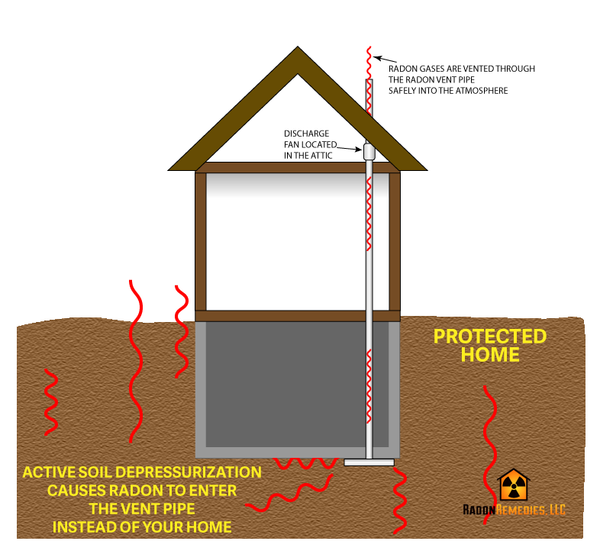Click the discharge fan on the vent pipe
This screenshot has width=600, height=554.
[x=369, y=151]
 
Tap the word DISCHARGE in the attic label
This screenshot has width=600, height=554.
[x=307, y=134]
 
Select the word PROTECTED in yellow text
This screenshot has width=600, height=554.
[x=490, y=337]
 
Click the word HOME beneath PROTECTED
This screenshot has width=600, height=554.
[x=490, y=355]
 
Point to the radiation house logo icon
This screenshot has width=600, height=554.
[x=514, y=485]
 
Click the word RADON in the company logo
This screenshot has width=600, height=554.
[x=479, y=510]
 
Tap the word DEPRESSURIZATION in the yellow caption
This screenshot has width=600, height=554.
[x=189, y=472]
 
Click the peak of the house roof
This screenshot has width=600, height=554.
[x=298, y=47]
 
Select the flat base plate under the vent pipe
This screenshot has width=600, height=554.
[x=369, y=462]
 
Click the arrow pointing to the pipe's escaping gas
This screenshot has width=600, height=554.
[x=385, y=59]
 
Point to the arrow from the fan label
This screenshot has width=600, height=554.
[x=349, y=149]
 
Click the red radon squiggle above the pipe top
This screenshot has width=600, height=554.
[x=369, y=63]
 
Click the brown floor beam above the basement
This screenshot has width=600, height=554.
[x=298, y=316]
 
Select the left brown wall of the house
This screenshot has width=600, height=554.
[x=201, y=241]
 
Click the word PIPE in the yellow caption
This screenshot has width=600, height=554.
[x=179, y=509]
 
